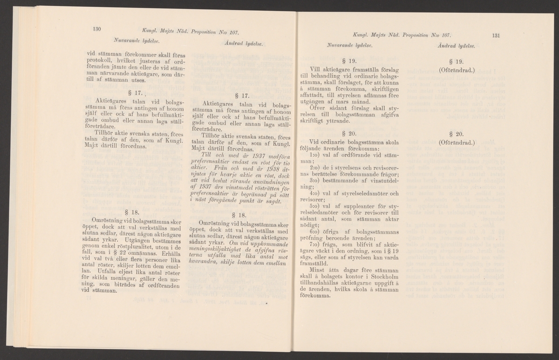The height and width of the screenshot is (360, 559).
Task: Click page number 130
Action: [97, 29]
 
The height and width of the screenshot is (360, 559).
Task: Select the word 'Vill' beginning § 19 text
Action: [316, 70]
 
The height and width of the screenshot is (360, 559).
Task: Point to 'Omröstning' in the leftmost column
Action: [108, 219]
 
